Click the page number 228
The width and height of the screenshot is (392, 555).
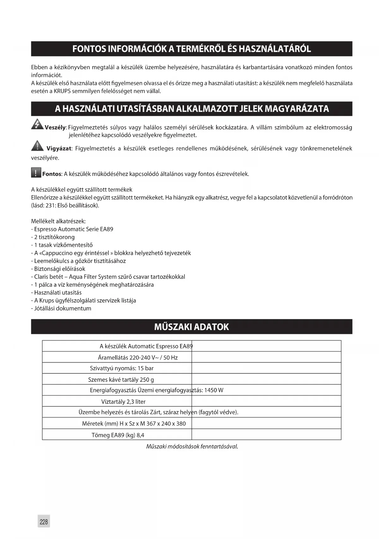pos(44,521)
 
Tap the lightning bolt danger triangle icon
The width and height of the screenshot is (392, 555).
pos(37,124)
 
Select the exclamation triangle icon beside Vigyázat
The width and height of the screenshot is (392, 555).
pos(37,146)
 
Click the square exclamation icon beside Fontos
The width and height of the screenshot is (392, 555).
pos(36,173)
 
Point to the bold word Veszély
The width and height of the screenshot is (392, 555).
pos(55,128)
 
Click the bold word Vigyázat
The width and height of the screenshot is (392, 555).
pos(59,148)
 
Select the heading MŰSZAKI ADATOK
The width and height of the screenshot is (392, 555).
pos(191,327)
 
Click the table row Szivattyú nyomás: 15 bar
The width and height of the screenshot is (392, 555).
pos(122,368)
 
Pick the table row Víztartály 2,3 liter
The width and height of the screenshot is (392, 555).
pos(123,402)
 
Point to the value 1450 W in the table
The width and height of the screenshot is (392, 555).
pos(214,390)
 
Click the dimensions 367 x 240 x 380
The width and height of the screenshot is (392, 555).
pos(166,424)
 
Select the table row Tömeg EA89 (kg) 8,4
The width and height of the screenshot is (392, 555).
pos(118,435)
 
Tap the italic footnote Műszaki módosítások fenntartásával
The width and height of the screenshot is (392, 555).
pos(192,446)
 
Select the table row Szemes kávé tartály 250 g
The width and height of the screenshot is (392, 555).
pos(121,380)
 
